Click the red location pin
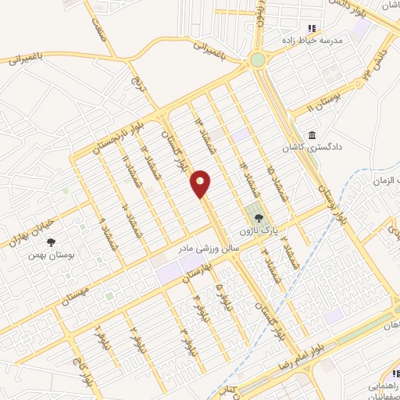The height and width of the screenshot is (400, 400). (201, 184)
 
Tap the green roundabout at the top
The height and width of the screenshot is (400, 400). (258, 59)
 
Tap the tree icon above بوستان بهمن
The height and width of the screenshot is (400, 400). (52, 242)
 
